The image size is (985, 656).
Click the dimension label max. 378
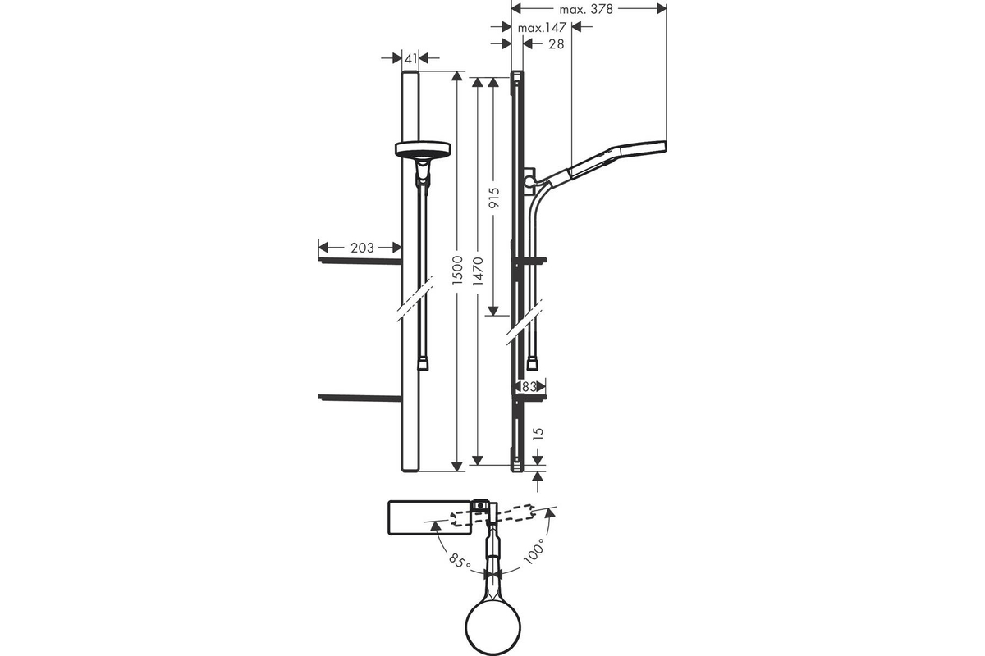coord(586,9)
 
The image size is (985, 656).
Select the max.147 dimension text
coord(542,28)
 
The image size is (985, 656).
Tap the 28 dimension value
coord(557,44)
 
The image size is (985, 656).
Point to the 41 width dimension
coord(410,58)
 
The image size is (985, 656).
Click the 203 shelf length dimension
coord(362,248)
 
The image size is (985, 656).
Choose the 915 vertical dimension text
coord(494,198)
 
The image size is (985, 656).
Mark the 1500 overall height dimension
coord(458,270)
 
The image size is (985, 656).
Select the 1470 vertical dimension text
coord(478,271)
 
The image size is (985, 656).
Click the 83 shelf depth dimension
coord(529,387)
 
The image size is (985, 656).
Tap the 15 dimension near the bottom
coord(538,433)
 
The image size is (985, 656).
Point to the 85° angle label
coord(460,560)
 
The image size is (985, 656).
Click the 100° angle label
coord(534,551)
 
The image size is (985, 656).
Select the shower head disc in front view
coord(423,148)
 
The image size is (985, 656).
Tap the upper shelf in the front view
coord(360,261)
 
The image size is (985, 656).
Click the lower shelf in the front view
coord(360,398)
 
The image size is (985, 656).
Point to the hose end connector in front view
coord(423,365)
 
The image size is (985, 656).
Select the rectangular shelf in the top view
coord(429,517)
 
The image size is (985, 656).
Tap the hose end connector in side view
coord(532,365)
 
